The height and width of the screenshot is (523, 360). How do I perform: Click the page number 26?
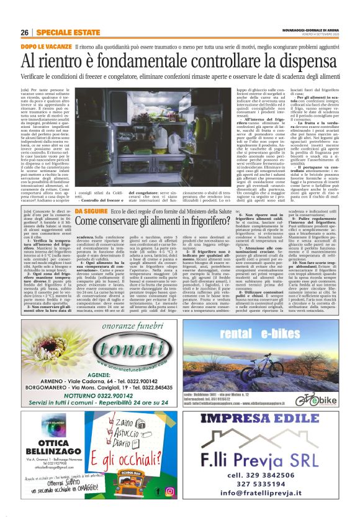pos(24,32)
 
